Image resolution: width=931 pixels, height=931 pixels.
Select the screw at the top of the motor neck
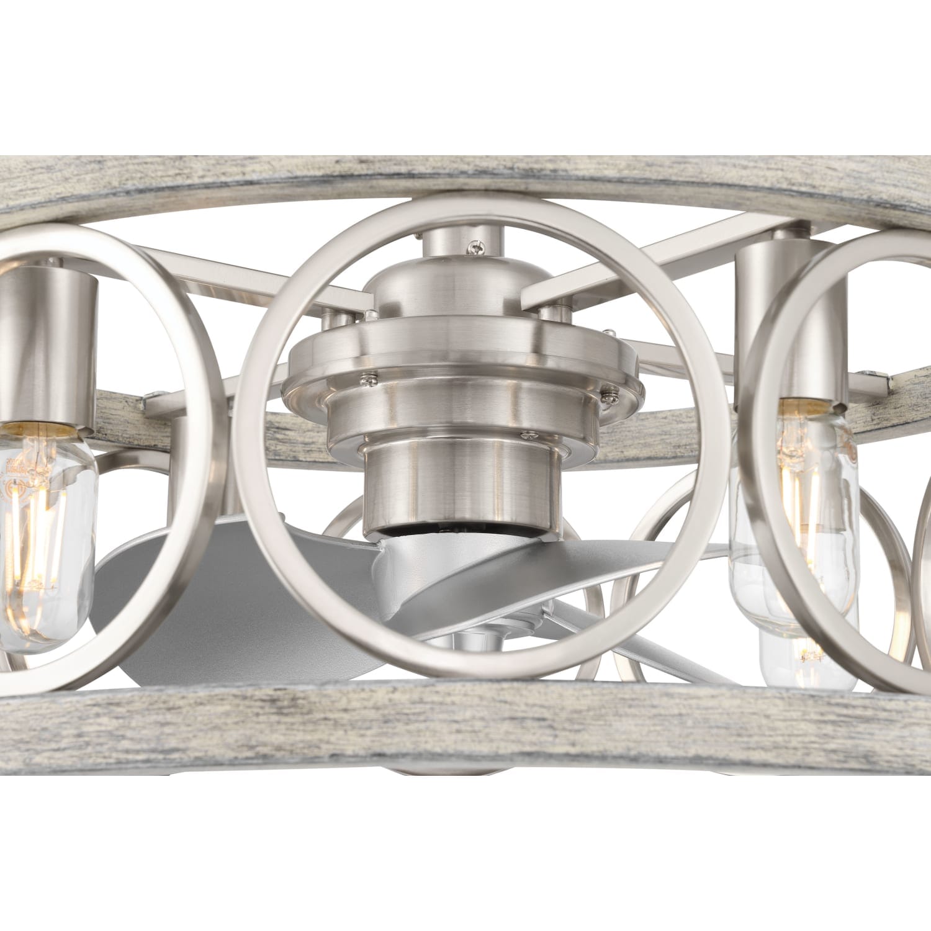477,248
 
